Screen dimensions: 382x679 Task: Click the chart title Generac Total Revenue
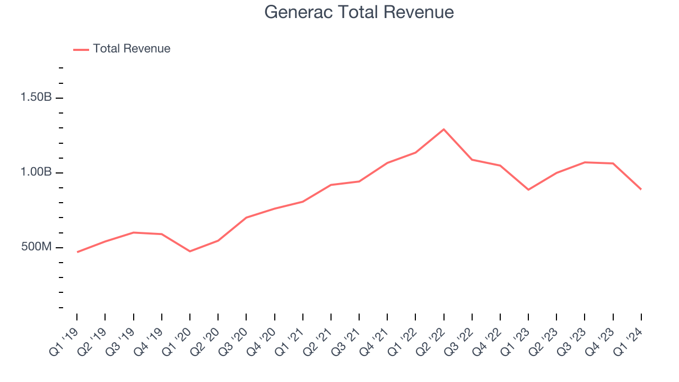click(x=359, y=12)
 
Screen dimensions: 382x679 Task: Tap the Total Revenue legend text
click(x=132, y=49)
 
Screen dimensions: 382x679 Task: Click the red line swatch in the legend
click(x=81, y=49)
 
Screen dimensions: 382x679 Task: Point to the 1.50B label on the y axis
click(x=36, y=98)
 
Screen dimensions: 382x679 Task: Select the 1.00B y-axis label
click(x=36, y=172)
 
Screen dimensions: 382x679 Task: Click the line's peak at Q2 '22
click(x=443, y=129)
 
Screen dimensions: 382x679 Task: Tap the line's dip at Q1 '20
click(x=190, y=251)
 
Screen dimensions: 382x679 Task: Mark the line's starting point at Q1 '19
click(x=77, y=252)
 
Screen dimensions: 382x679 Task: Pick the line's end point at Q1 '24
click(x=641, y=189)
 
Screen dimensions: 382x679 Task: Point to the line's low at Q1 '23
click(x=528, y=189)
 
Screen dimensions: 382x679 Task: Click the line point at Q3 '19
click(x=133, y=232)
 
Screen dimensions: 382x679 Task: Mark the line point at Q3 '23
click(x=585, y=162)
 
